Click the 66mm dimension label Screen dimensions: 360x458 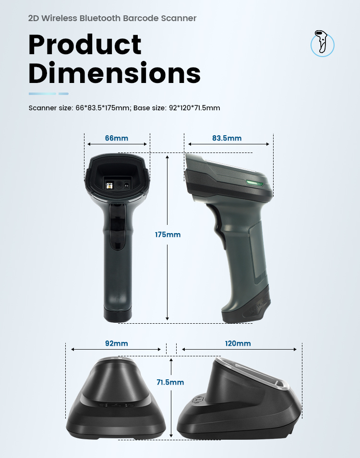tap(116, 138)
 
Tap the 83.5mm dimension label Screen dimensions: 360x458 tap(227, 138)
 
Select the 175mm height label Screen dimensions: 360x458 tap(168, 235)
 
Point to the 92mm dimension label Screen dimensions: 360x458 tap(116, 343)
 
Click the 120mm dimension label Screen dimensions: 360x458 tap(238, 343)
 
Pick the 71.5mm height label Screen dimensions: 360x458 tap(170, 382)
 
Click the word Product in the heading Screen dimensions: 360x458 tap(85, 45)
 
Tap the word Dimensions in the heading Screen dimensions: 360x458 tap(115, 72)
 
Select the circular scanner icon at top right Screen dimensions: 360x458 tap(323, 44)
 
